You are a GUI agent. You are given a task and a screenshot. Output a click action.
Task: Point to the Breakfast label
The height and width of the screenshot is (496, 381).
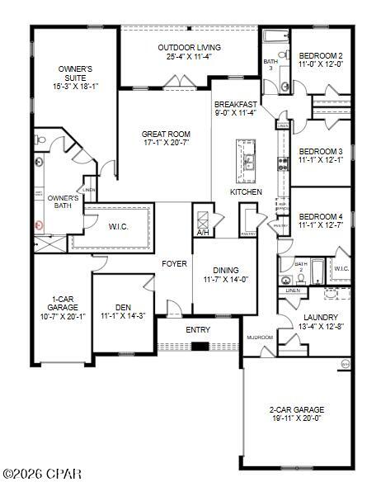point(236,104)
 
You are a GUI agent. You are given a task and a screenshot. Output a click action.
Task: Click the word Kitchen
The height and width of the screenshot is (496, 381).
point(246,191)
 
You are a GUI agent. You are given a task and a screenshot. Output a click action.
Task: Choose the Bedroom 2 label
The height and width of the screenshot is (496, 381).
point(321,54)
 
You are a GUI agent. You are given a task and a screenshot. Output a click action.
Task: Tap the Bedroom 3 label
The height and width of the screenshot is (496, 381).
point(320,151)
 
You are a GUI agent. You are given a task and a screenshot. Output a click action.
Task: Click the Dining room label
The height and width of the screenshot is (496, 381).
point(225,270)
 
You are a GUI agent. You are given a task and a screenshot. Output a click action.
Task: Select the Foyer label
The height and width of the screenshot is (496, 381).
point(174,264)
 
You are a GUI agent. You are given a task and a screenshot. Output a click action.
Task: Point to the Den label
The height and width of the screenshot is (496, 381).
point(122,305)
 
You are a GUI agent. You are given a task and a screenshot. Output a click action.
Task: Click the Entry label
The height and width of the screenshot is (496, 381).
point(198,330)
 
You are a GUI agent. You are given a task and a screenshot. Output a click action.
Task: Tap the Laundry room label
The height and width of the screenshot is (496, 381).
point(320,316)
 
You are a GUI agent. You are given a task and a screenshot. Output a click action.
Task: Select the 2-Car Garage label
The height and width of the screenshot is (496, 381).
point(298,409)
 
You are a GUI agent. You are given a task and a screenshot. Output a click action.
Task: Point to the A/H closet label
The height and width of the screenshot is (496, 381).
point(203,233)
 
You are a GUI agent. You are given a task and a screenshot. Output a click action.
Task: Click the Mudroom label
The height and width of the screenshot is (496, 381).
point(260,338)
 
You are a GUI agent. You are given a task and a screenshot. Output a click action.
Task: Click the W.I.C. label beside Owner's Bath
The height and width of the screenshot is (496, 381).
point(116,225)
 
